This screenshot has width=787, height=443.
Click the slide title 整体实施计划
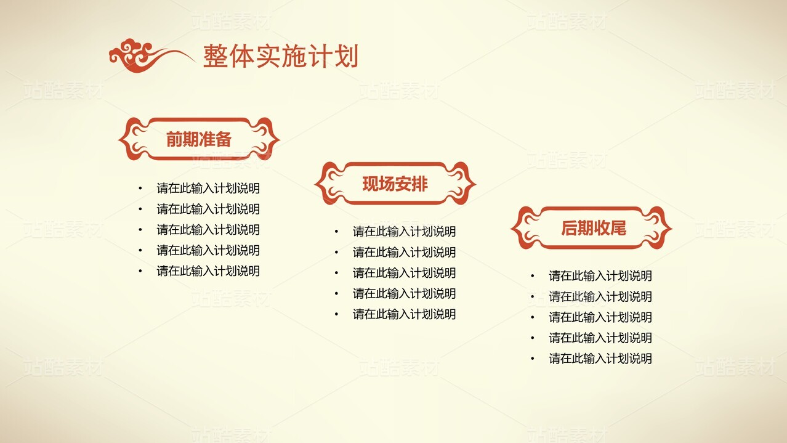click(x=280, y=57)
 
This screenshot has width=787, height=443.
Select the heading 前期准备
click(x=198, y=139)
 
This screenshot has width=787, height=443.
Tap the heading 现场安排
click(x=395, y=184)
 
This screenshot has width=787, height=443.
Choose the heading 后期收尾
click(x=593, y=229)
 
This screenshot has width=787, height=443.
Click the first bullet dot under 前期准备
click(x=140, y=189)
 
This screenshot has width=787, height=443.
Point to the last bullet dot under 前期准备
click(x=140, y=270)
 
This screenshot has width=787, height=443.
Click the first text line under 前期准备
click(x=208, y=189)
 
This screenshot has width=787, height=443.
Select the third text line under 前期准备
click(x=208, y=230)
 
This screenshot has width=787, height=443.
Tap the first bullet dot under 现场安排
click(x=336, y=232)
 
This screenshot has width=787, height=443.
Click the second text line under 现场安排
click(x=404, y=252)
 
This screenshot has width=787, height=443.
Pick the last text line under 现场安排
click(x=404, y=314)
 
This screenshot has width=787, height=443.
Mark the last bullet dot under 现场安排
click(x=336, y=314)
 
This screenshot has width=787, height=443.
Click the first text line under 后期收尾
click(x=600, y=276)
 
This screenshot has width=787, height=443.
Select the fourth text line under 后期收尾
click(x=600, y=338)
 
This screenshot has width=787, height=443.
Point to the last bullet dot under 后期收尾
click(x=533, y=359)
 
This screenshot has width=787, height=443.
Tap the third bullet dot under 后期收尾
click(x=533, y=317)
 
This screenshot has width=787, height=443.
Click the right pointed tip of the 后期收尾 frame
click(x=671, y=229)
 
